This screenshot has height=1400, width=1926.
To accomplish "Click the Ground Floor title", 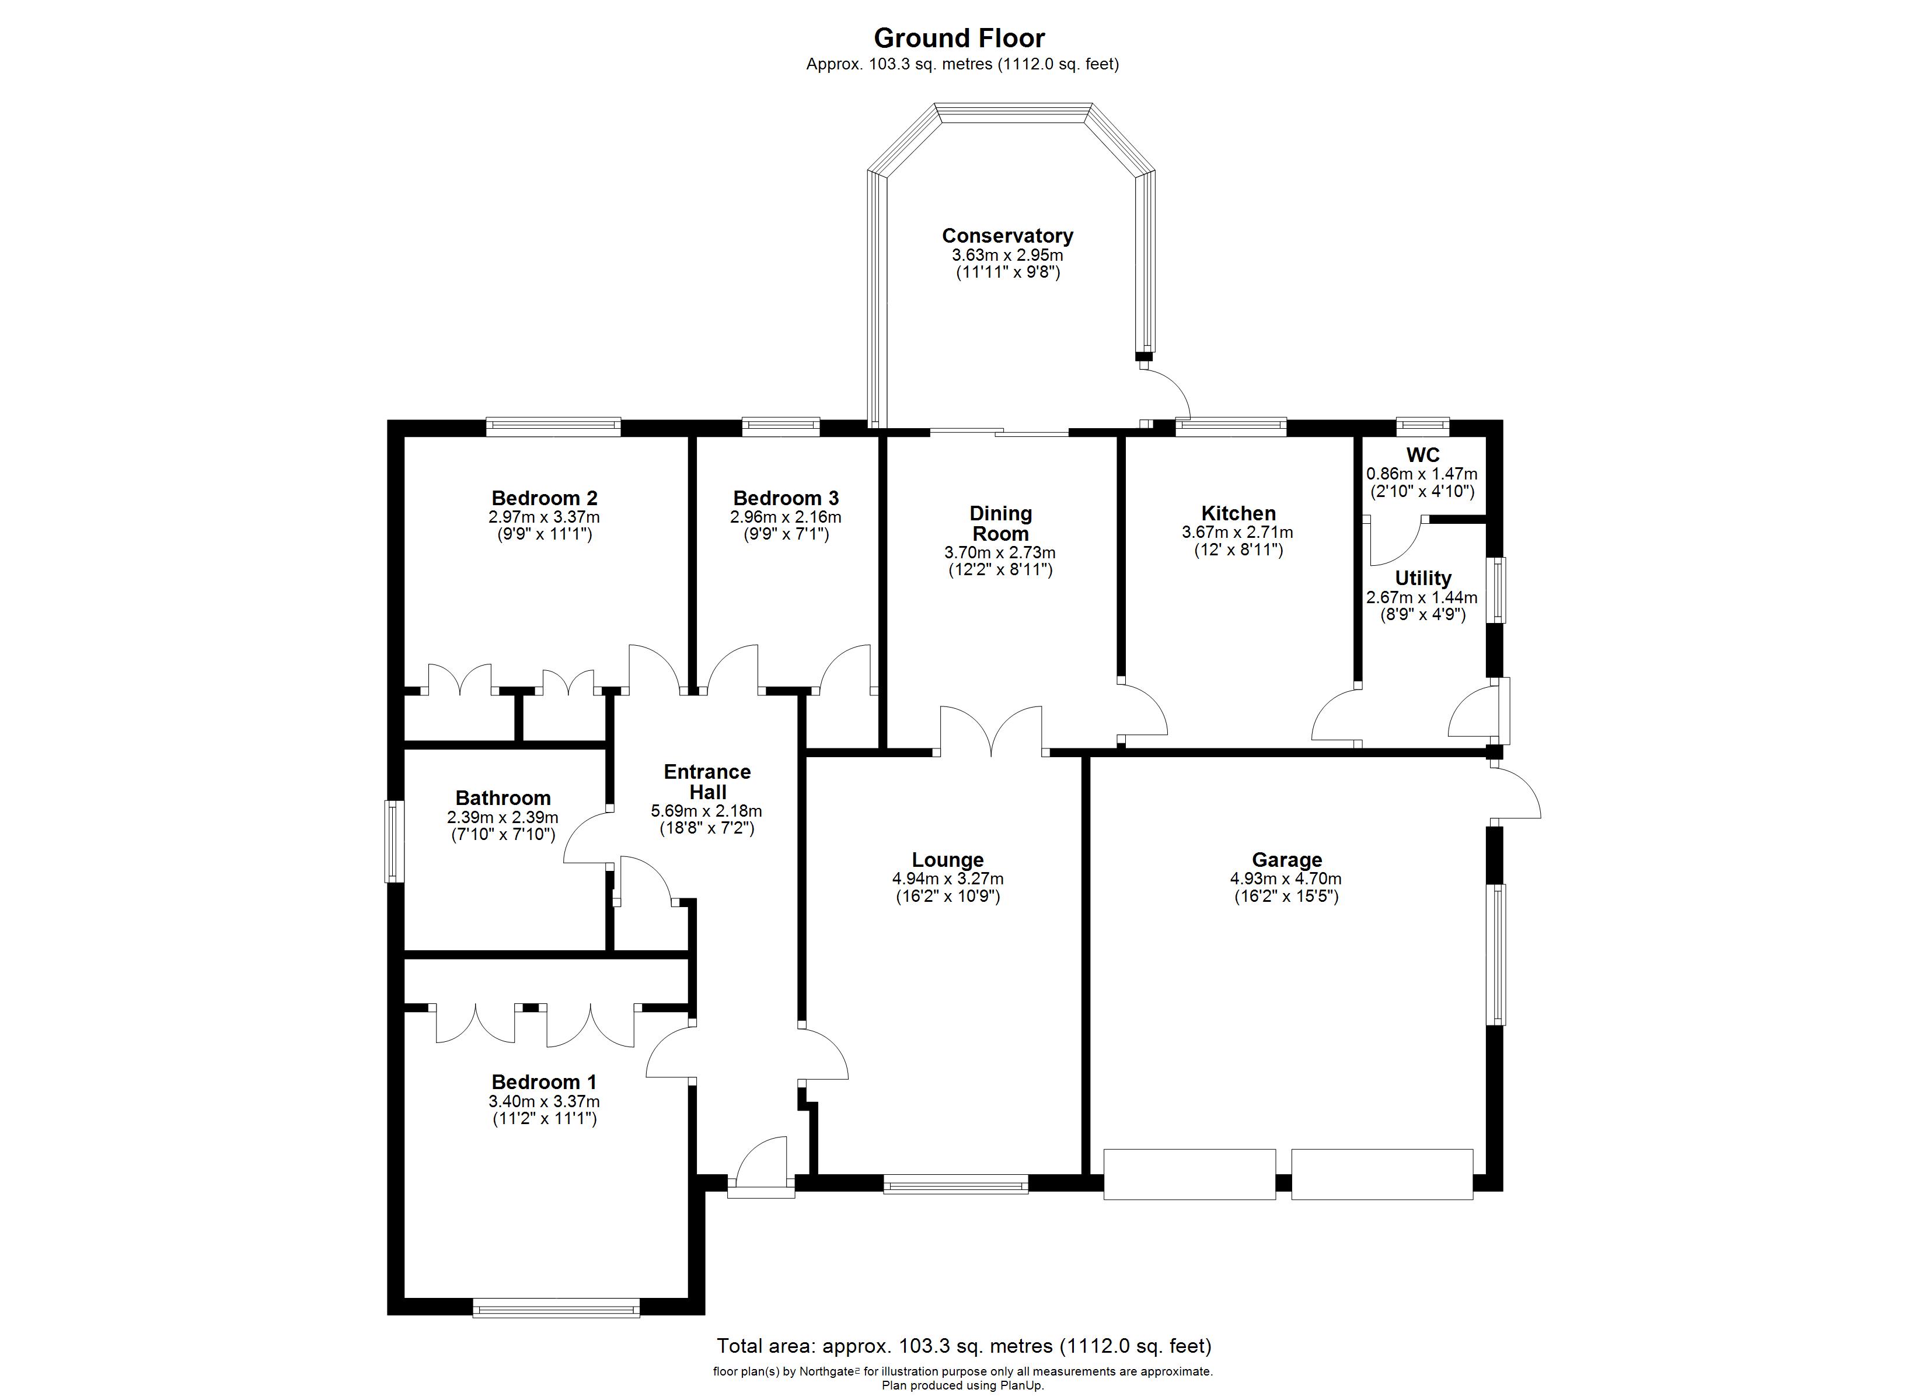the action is pos(959,38).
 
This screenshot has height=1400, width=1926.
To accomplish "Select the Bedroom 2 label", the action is pos(545,498).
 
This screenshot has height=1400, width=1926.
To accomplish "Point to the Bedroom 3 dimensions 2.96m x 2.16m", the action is pos(786,517).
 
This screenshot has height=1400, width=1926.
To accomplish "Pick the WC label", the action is pos(1422,455).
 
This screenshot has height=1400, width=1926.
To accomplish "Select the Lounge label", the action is pos(948,860).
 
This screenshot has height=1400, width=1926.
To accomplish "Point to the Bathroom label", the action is pos(503,798).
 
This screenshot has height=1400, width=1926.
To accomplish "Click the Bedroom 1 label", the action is pos(545,1083).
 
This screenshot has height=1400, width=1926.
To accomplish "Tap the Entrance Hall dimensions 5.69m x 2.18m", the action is pos(707,811).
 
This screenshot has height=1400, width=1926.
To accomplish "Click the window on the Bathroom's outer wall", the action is pos(394,841).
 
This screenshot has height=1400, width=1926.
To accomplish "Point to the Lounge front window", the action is pos(955,1184).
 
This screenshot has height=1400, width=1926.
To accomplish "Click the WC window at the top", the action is pos(1423,427).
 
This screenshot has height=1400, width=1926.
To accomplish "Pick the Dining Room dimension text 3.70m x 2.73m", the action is pos(1000,552).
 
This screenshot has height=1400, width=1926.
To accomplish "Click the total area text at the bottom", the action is pos(964,1346).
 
